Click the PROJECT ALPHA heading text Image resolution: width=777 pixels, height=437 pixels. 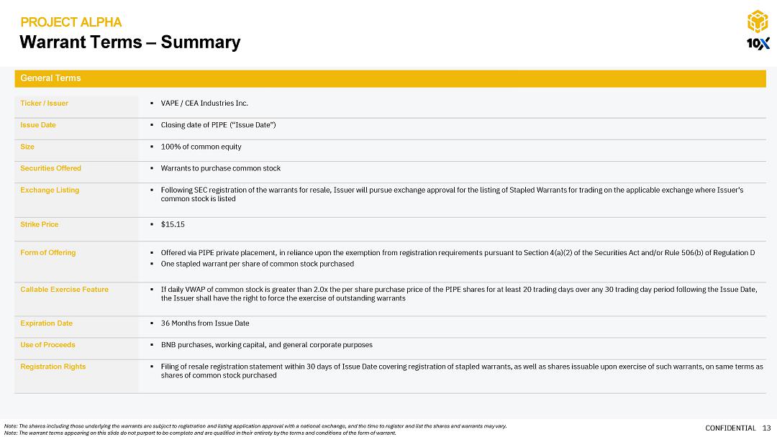(71, 22)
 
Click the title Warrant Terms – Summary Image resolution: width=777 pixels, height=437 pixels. (129, 42)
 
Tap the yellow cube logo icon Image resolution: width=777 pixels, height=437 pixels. (757, 22)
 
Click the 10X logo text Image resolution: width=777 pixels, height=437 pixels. (758, 44)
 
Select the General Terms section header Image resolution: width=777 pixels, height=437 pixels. (50, 78)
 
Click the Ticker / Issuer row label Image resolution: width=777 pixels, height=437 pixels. (45, 103)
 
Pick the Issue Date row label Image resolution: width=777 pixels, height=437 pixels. (38, 125)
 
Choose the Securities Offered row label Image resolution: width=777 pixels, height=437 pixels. (50, 168)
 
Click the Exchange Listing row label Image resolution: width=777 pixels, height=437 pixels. (50, 190)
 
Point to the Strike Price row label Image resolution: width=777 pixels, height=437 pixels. (40, 224)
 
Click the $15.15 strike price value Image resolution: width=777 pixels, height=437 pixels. (173, 224)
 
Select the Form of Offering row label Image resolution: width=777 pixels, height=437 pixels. (47, 253)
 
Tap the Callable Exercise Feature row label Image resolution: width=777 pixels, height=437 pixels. (64, 290)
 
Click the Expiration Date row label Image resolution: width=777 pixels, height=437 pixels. (46, 323)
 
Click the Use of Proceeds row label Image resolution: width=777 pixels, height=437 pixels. (47, 345)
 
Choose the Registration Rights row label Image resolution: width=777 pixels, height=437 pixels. (53, 367)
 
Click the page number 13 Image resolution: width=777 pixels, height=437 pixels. (766, 428)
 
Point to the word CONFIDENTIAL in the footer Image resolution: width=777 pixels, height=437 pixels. (730, 428)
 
